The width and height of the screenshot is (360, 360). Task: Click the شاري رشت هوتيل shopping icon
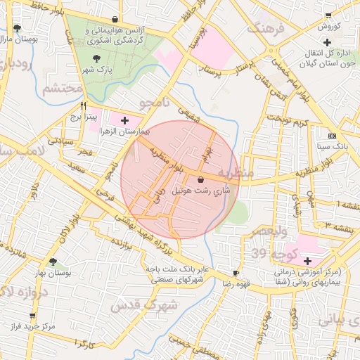pos(202,179)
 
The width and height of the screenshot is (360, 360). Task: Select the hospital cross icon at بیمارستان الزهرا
pos(125,121)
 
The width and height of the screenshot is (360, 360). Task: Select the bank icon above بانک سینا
pos(333,136)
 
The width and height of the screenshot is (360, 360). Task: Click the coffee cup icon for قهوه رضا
pos(236,273)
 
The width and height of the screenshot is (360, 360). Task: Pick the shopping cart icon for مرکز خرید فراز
pos(32,316)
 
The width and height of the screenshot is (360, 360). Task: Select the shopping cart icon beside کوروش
pos(328,15)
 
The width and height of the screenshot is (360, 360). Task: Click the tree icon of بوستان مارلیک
pos(17,29)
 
